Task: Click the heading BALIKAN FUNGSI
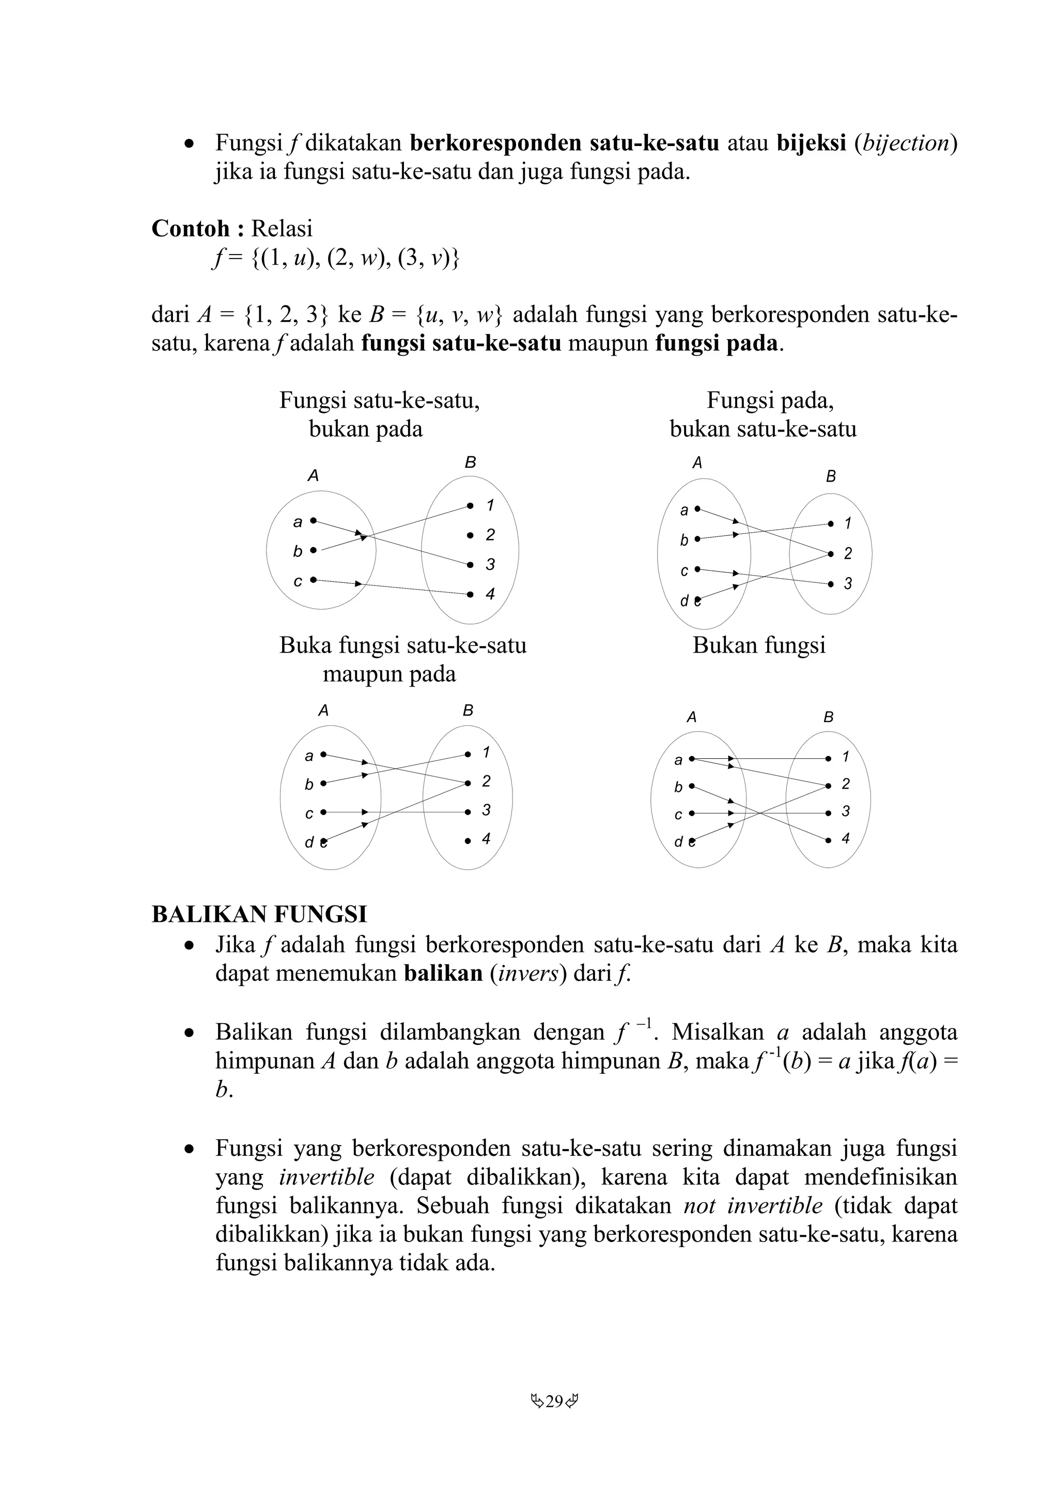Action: pyautogui.click(x=259, y=914)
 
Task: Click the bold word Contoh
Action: pyautogui.click(x=190, y=228)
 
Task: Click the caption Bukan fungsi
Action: pyautogui.click(x=759, y=645)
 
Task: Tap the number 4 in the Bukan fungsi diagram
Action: pyautogui.click(x=846, y=838)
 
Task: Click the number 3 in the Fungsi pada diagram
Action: pyautogui.click(x=847, y=584)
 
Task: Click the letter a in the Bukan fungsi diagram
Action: pyautogui.click(x=678, y=760)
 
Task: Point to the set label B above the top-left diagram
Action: pyautogui.click(x=470, y=462)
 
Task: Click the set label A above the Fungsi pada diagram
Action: pyautogui.click(x=697, y=463)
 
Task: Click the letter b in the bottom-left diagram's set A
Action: pyautogui.click(x=309, y=785)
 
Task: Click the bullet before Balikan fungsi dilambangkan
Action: pyautogui.click(x=189, y=1033)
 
